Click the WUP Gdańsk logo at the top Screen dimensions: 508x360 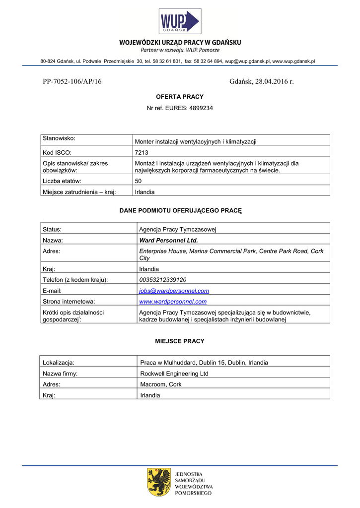pos(179,22)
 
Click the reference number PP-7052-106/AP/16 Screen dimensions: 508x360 pos(72,81)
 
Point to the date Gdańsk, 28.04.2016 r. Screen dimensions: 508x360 pos(262,81)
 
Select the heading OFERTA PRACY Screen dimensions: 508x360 pos(180,97)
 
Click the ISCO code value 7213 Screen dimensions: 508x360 pos(142,153)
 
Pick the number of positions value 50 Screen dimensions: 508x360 pos(139,181)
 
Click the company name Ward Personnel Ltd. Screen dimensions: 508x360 pos(168,240)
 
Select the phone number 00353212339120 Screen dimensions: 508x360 pos(163,280)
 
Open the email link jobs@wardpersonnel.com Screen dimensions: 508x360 pos(174,291)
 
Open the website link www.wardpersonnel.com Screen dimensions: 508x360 pos(173,301)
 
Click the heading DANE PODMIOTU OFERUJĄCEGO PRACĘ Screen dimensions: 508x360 pos(180,210)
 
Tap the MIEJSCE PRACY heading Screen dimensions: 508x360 pos(180,341)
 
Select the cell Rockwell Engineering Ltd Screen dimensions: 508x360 pos(174,374)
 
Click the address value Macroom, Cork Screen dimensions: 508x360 pos(161,384)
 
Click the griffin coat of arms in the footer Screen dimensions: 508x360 pos(159,482)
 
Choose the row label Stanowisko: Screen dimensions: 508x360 pos(58,137)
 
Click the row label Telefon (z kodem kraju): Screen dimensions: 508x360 pos(75,280)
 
